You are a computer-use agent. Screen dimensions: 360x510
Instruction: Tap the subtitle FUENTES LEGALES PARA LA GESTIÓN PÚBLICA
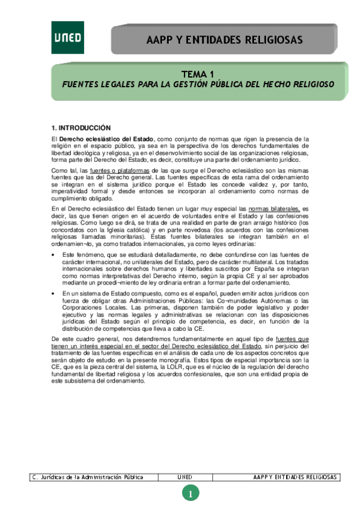coord(198,85)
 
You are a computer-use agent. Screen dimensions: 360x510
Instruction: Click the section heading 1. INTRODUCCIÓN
coord(81,127)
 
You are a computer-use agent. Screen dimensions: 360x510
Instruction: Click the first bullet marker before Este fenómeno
coord(54,256)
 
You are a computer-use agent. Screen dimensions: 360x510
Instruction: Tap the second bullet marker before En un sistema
coord(54,293)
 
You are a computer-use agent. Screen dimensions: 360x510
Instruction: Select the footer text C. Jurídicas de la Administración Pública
coord(88,478)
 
